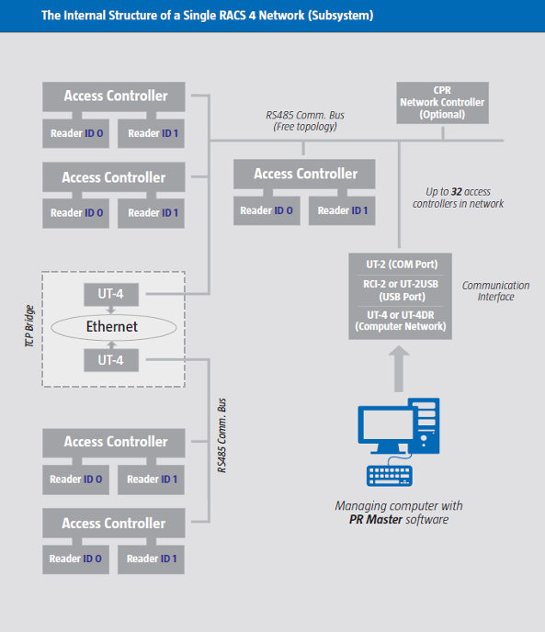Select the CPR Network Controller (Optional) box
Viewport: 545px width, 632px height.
443,103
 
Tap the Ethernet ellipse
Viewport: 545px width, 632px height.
113,327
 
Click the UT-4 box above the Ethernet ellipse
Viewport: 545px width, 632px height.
111,294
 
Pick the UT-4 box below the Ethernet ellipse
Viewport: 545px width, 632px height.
111,360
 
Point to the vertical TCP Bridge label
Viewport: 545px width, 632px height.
29,326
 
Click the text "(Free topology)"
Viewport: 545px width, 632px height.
305,127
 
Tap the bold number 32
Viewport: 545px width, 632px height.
456,191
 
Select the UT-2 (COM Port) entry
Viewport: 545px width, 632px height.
402,265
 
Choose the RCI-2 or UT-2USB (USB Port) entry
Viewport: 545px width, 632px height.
401,290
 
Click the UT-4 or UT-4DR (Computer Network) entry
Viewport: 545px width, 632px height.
401,321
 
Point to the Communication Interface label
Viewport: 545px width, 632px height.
495,291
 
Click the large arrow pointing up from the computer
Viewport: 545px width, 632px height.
399,368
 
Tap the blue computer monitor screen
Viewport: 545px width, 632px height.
386,426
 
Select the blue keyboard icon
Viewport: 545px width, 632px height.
390,476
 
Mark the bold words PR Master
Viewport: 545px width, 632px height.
376,520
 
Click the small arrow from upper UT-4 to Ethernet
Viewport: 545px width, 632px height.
111,310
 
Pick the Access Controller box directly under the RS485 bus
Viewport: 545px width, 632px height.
304,175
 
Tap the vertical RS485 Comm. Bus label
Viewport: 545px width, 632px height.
221,435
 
